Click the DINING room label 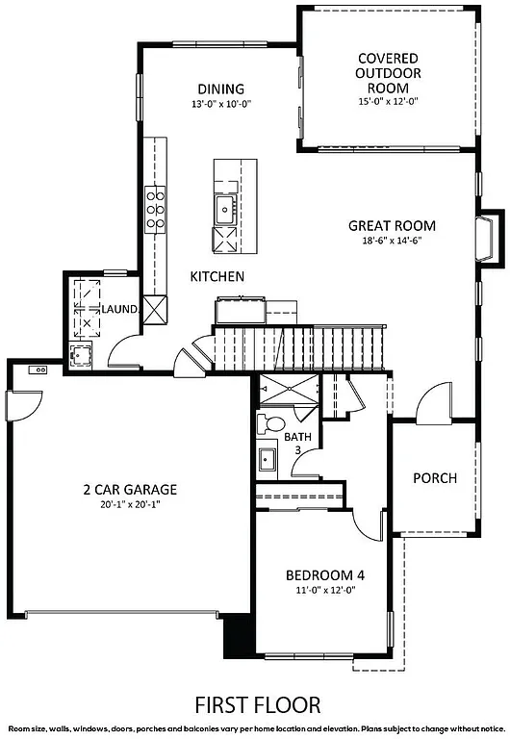[220, 89]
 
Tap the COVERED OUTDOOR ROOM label [381, 72]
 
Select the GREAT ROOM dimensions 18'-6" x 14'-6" [392, 241]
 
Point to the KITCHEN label [217, 276]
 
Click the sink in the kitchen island [227, 206]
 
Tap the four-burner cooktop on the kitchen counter [155, 209]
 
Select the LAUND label [121, 309]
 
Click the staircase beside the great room [298, 347]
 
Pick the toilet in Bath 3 [272, 423]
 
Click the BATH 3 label [297, 443]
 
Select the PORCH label [434, 478]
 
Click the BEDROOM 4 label [324, 576]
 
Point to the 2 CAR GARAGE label [129, 489]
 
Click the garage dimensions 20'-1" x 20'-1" [129, 504]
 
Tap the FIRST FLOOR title [257, 705]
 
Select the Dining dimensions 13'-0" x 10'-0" [220, 104]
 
